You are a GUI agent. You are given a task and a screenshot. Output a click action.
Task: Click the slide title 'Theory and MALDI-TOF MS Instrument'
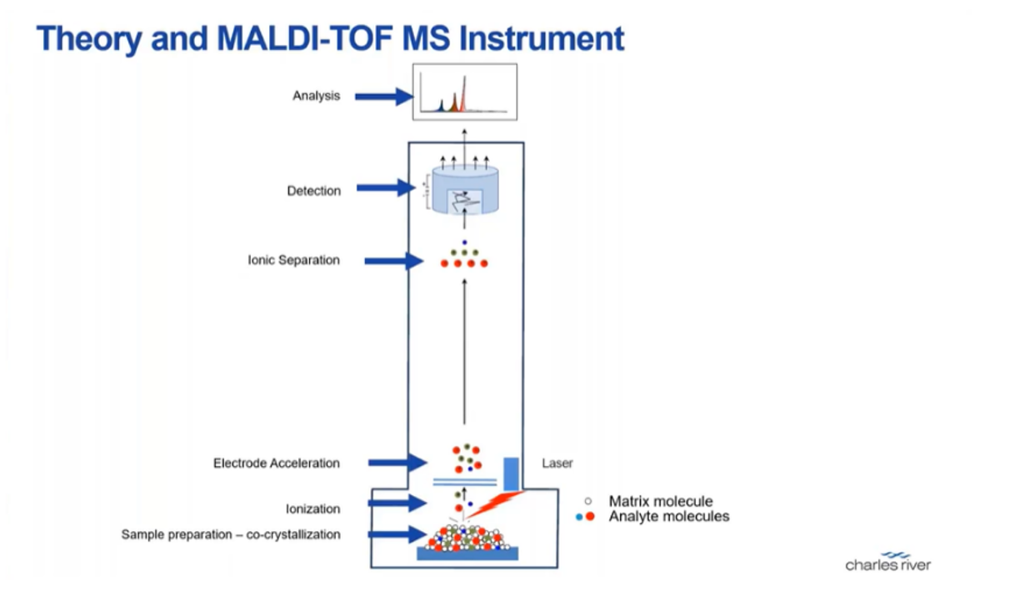tap(330, 38)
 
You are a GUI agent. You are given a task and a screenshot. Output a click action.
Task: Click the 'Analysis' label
tap(316, 96)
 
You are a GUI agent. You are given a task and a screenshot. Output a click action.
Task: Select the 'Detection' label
tap(313, 191)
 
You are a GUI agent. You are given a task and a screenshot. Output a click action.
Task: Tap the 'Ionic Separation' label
tap(293, 260)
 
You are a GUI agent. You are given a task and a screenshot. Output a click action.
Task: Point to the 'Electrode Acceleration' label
tap(276, 463)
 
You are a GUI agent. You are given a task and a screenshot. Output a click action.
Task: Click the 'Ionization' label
tap(312, 508)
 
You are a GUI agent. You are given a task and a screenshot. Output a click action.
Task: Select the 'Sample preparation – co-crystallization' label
tap(231, 534)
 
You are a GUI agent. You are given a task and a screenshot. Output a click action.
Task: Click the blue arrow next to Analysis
tap(383, 97)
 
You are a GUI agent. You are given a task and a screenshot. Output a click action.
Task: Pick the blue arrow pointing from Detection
tap(385, 188)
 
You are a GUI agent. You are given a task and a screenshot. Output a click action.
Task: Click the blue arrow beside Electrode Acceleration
tap(397, 462)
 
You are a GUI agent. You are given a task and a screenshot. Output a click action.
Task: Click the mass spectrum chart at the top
tap(465, 92)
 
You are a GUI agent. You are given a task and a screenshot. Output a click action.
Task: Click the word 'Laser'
tap(557, 463)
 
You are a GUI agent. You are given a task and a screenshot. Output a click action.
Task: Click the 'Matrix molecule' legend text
tap(660, 501)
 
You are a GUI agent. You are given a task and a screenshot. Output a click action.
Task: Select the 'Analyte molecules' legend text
tap(668, 517)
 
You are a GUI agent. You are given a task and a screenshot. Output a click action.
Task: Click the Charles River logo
tap(887, 561)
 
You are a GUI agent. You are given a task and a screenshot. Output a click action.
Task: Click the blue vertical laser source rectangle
tap(511, 473)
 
